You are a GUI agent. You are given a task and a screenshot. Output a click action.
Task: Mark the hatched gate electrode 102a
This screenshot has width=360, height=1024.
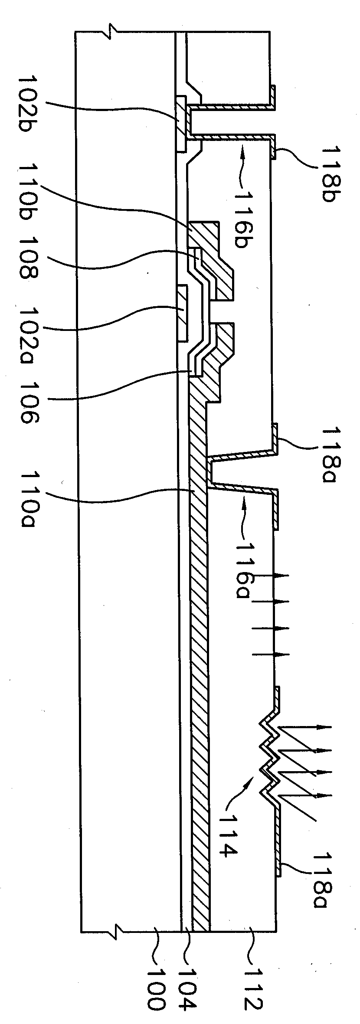(x=182, y=313)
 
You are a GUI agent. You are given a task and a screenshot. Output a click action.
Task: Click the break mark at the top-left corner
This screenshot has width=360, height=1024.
(x=113, y=31)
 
